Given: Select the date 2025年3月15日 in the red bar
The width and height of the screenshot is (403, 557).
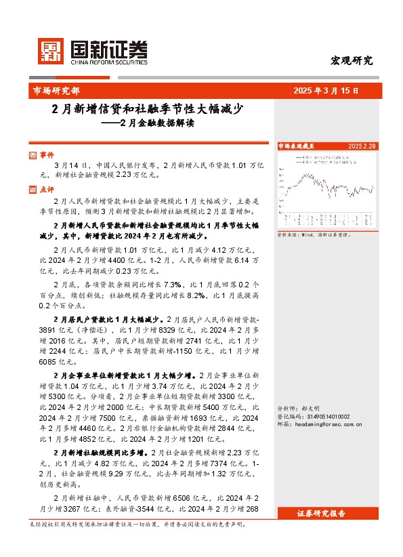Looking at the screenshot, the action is tap(326, 90).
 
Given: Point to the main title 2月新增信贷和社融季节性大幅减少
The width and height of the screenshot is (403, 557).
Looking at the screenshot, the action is tap(148, 108).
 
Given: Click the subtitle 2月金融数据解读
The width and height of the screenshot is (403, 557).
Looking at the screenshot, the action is tap(156, 123).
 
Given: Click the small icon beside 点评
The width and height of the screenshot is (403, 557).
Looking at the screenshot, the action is tap(34, 190).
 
